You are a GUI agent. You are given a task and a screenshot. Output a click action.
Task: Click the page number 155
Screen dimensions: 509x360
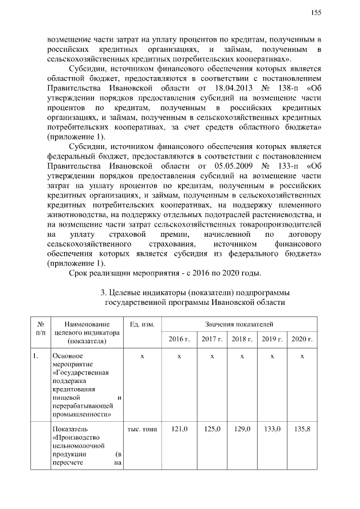tap(316, 13)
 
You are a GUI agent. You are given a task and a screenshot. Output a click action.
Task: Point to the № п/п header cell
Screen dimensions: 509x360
tap(40, 328)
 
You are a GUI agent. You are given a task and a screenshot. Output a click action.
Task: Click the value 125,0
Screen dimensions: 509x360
tap(212, 429)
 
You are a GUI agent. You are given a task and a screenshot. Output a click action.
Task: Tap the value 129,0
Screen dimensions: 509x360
tap(242, 429)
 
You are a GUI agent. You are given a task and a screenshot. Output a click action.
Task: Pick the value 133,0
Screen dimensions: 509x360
tap(272, 429)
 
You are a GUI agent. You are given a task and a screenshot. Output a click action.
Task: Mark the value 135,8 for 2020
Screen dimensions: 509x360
tap(302, 429)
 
